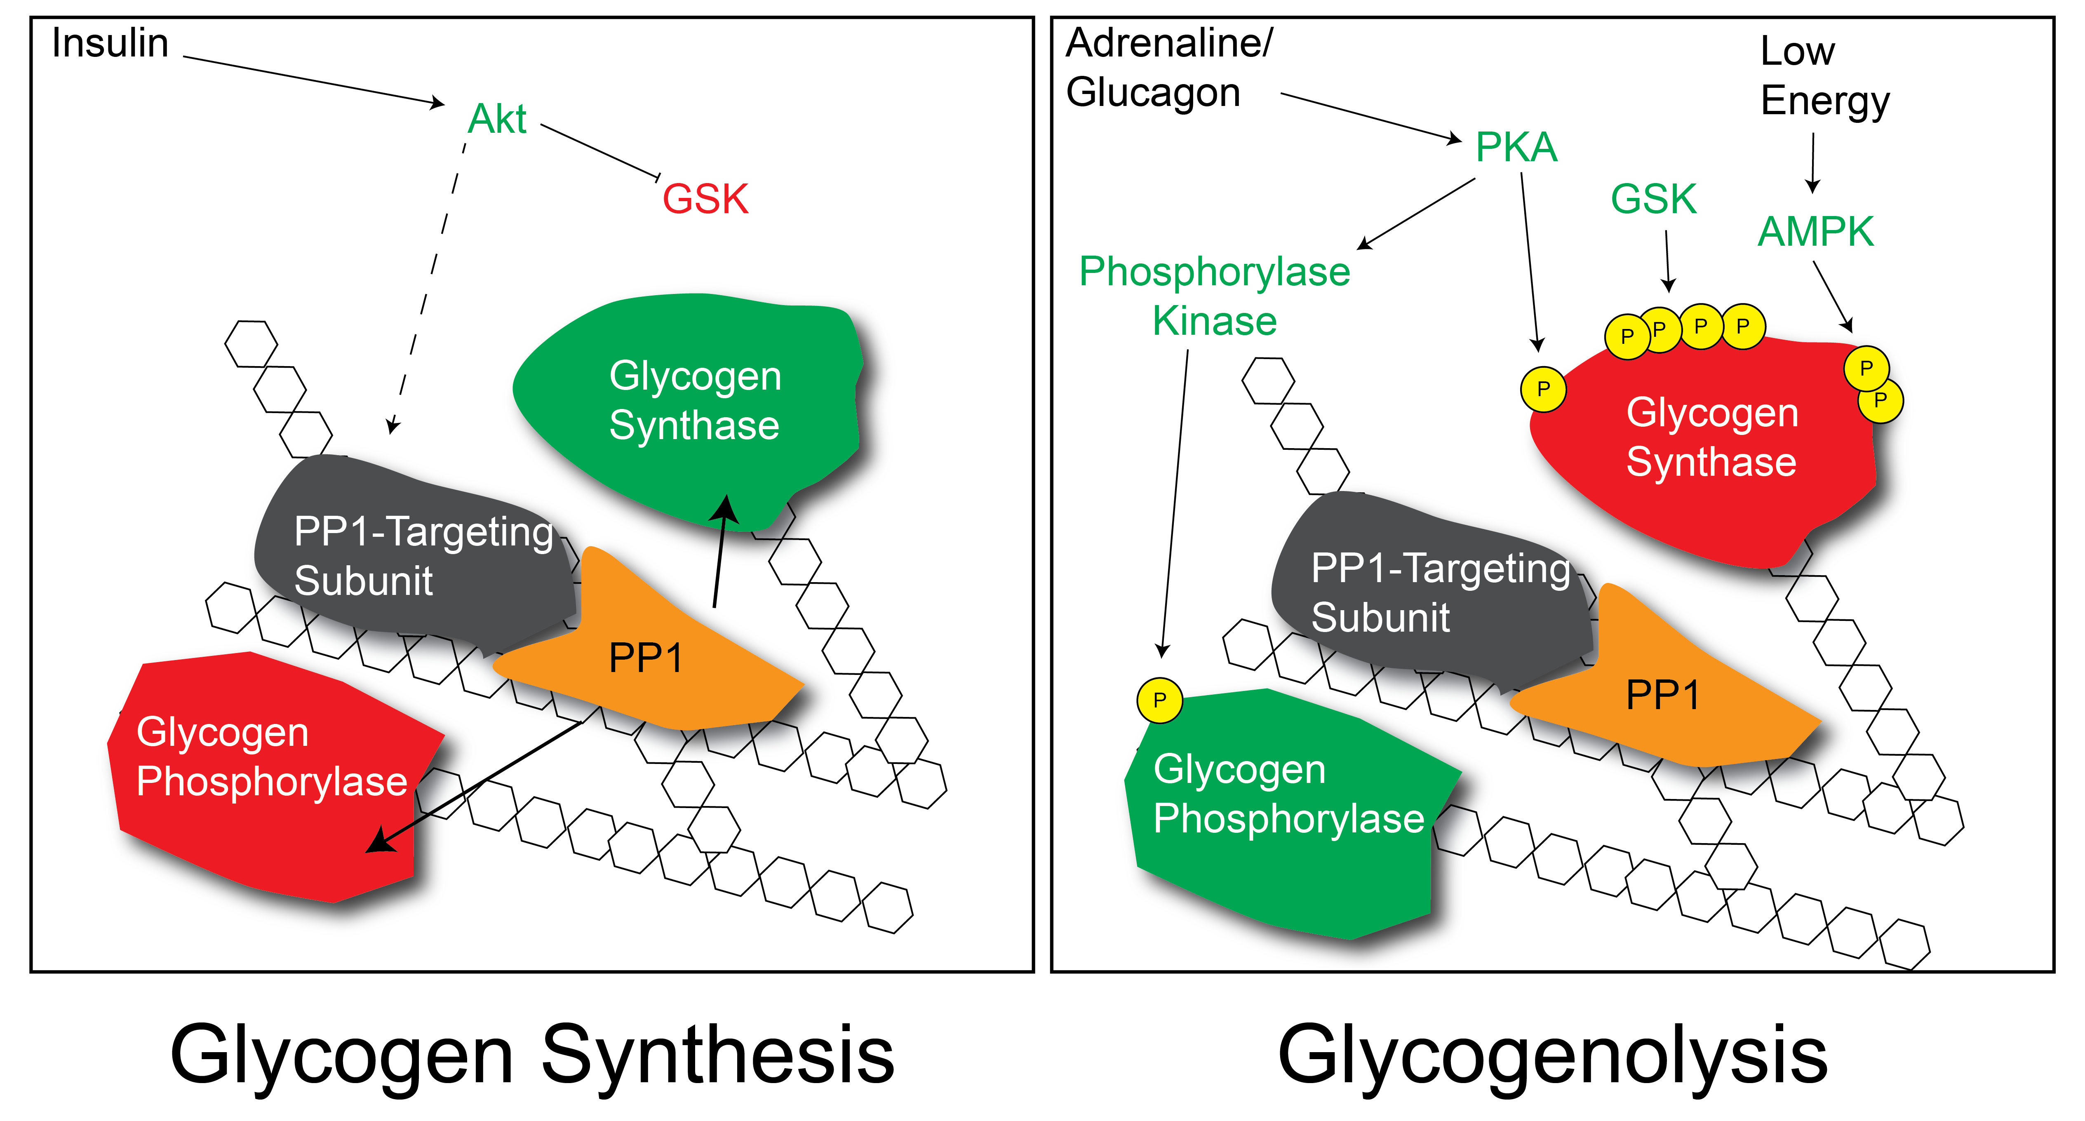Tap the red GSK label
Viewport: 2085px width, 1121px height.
click(705, 199)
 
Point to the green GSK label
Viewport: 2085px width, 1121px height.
click(1654, 199)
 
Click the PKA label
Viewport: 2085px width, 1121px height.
click(1516, 147)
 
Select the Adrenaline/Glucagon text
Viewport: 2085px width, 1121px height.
click(1169, 68)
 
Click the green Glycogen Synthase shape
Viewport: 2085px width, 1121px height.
click(688, 409)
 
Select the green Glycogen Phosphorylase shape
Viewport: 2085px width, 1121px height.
click(1287, 813)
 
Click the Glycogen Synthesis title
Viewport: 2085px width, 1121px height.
click(533, 1055)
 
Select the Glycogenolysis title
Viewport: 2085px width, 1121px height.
click(1552, 1055)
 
